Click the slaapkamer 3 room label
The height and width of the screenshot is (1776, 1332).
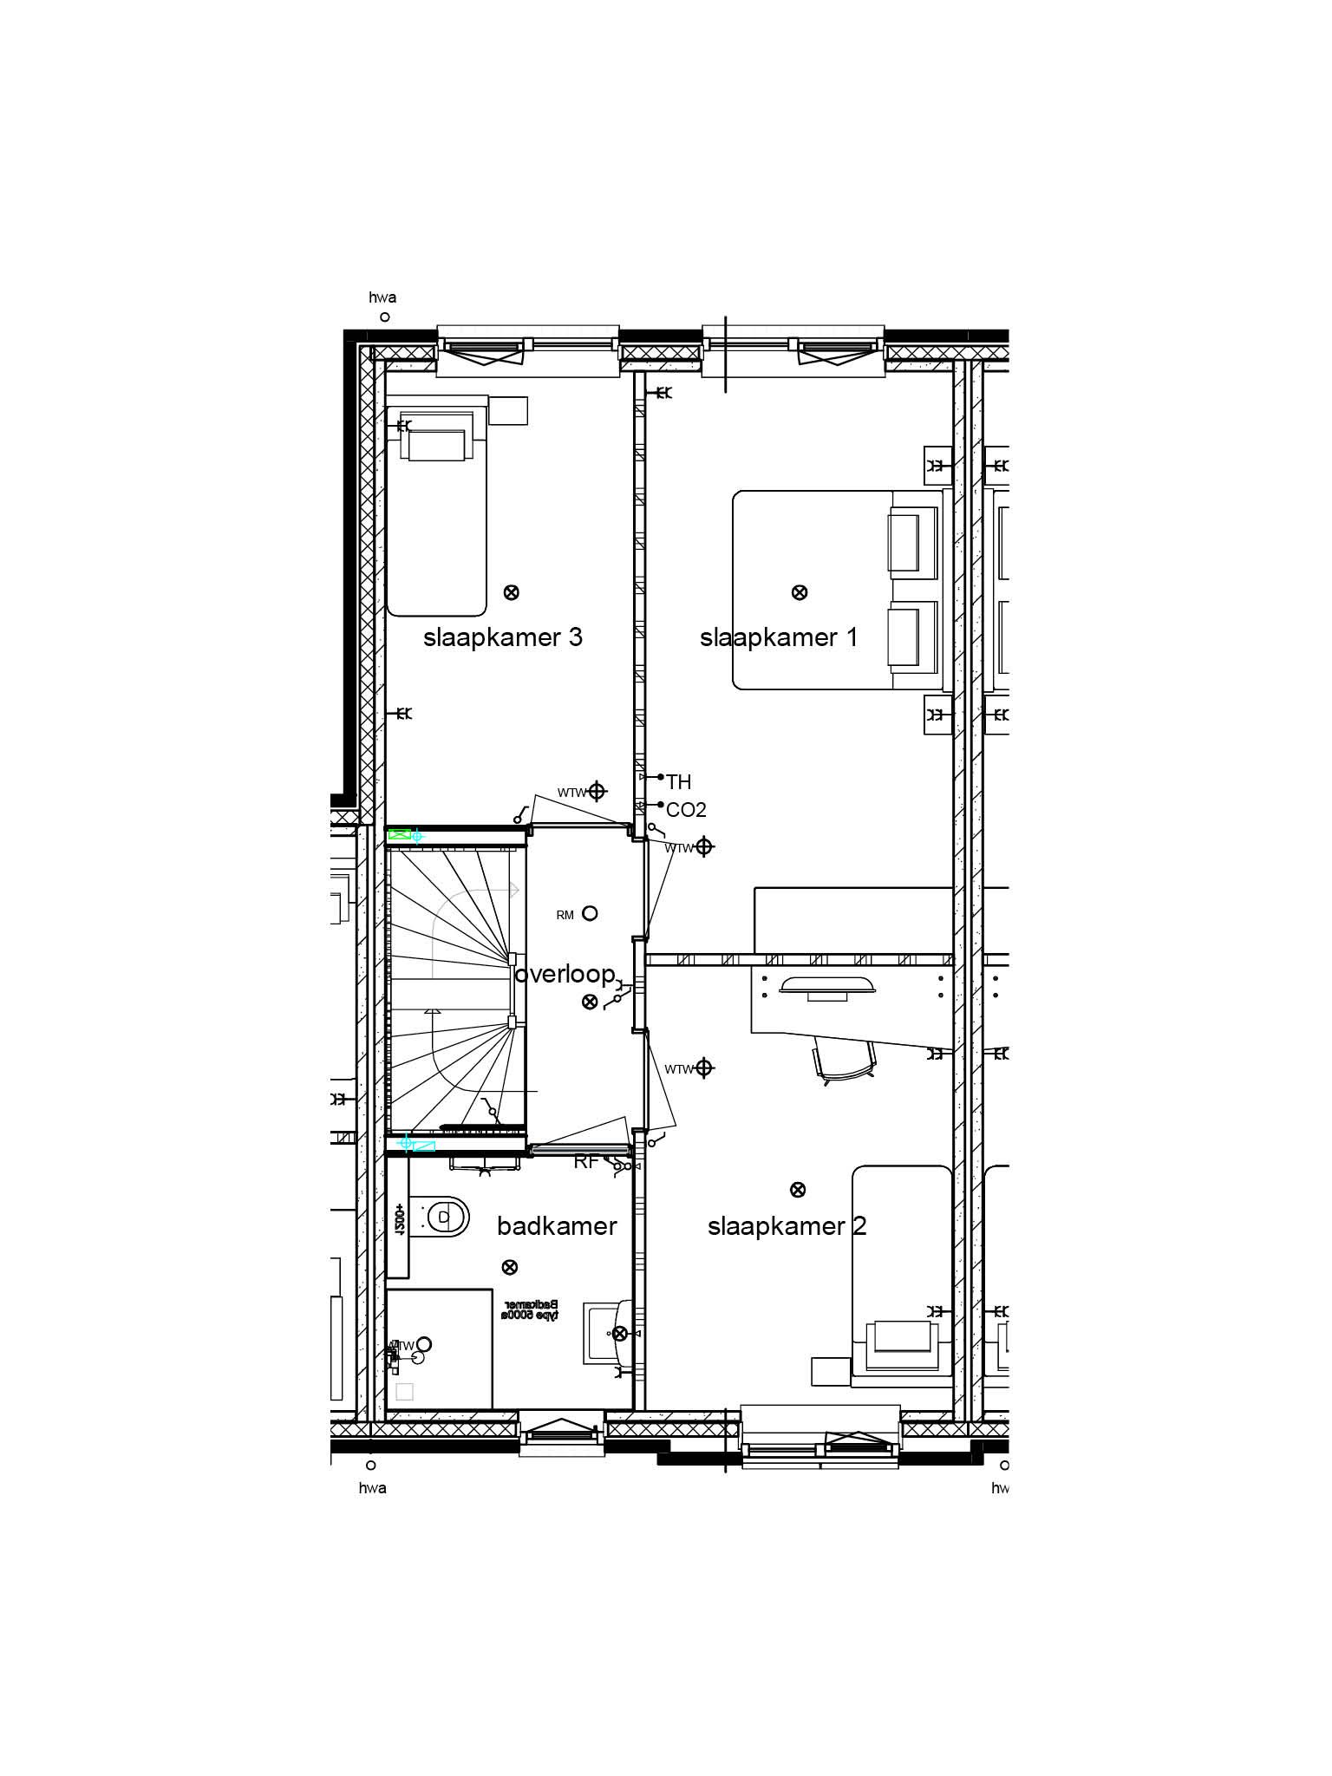tap(502, 638)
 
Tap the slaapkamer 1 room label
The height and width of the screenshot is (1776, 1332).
tap(778, 638)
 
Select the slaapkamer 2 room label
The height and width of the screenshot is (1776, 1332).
tap(787, 1226)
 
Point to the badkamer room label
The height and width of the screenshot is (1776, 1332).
tap(557, 1225)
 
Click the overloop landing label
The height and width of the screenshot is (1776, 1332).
tap(565, 974)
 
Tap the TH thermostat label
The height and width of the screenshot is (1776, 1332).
tap(679, 782)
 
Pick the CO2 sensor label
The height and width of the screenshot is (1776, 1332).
tap(686, 810)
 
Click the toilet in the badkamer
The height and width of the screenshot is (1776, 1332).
tap(446, 1217)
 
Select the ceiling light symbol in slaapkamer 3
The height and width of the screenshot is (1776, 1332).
tap(512, 592)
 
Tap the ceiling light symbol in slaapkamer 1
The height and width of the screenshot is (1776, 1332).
tap(800, 592)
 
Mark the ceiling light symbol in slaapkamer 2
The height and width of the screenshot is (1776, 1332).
tap(798, 1190)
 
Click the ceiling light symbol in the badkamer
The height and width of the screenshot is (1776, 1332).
tap(510, 1267)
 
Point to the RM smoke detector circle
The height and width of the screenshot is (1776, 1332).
tap(590, 913)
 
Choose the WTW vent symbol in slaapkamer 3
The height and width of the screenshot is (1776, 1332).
tap(597, 791)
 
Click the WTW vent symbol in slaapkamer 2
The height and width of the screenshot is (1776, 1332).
tap(704, 1068)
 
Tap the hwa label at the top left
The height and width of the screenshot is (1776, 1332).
tap(382, 297)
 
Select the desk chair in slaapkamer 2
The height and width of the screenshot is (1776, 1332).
tap(844, 1061)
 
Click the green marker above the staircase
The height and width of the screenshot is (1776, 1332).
tap(399, 834)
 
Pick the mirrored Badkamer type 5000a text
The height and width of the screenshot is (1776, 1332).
tap(529, 1309)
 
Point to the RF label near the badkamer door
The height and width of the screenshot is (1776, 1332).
tap(585, 1162)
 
